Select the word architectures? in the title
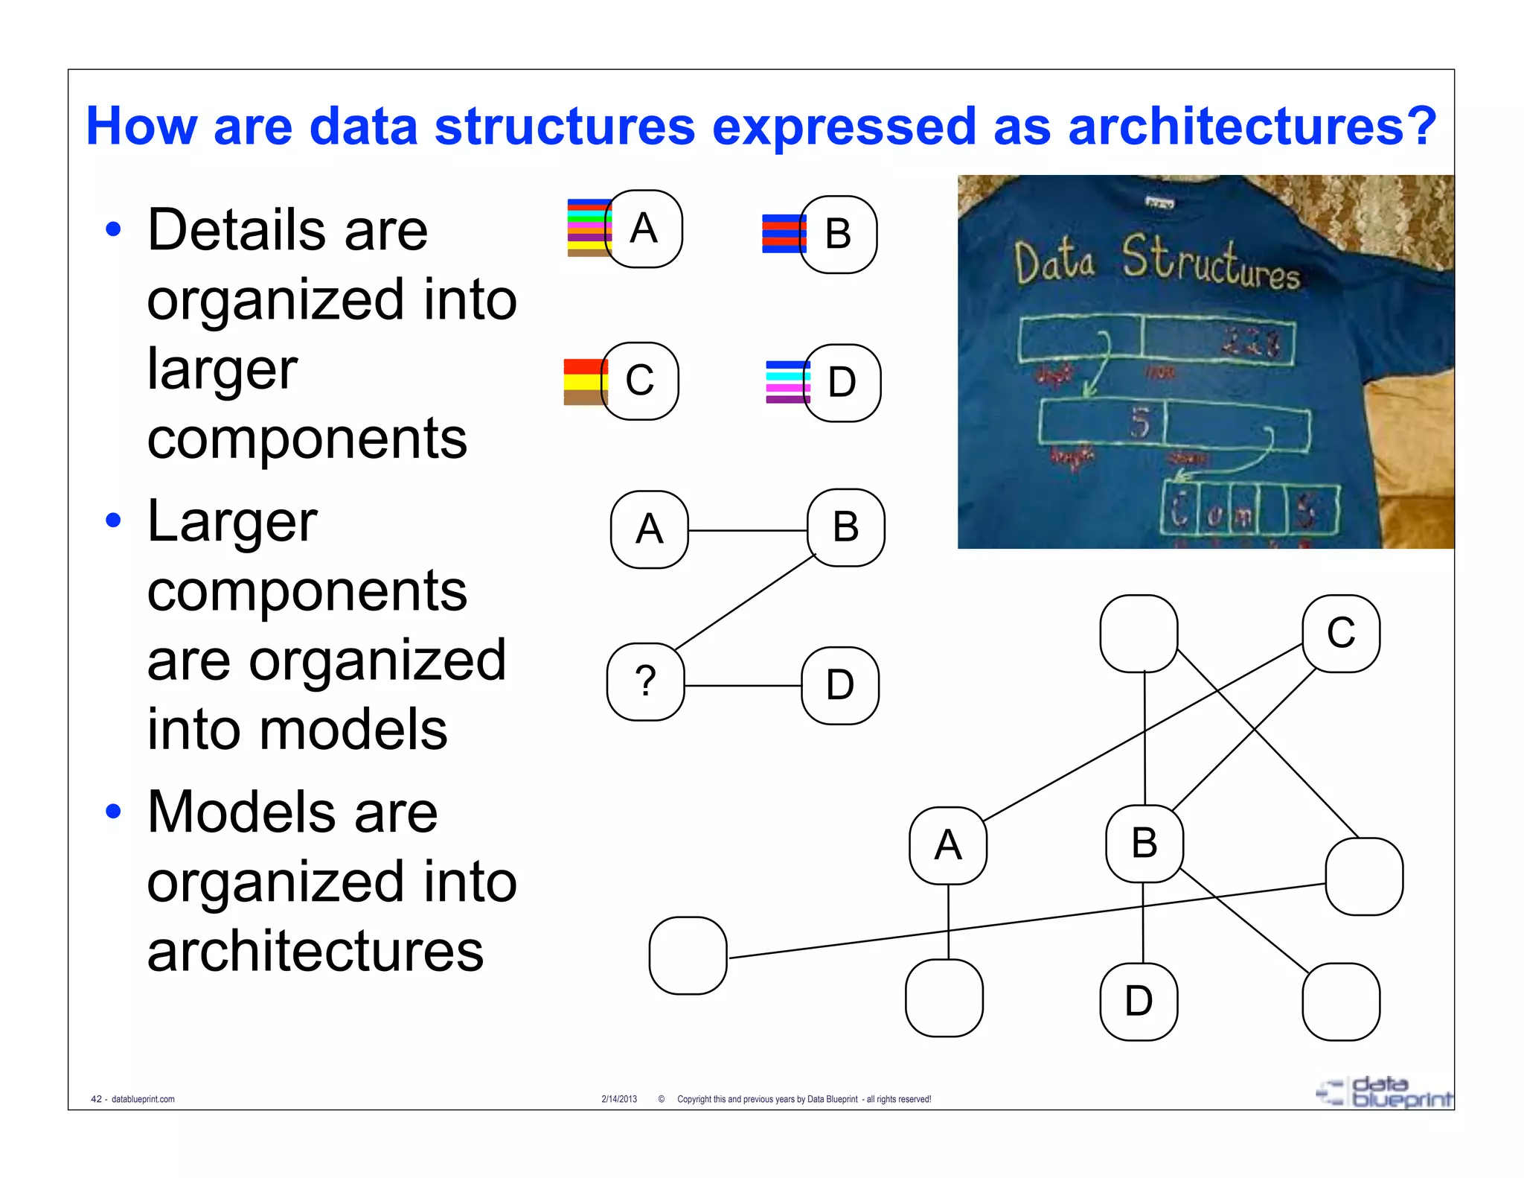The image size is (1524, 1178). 1252,127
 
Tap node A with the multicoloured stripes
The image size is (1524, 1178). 644,229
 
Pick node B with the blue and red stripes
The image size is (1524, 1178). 839,234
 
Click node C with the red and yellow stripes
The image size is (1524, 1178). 639,381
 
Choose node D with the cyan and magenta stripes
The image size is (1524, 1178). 842,383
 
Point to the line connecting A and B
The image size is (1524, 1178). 747,530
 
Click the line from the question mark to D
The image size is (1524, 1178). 743,685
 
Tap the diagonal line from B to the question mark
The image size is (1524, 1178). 744,602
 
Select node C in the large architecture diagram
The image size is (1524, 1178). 1341,634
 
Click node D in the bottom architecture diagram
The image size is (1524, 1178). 1139,1002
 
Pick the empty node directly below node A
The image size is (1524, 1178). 944,998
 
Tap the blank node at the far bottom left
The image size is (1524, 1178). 688,955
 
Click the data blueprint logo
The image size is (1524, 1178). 1384,1092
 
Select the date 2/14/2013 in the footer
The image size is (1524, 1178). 619,1099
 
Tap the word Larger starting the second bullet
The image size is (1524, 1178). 232,522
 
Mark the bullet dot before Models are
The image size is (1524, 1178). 113,811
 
